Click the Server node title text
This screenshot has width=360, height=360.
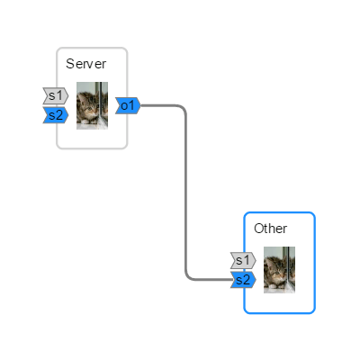coord(85,64)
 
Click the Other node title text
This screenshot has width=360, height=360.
coord(270,229)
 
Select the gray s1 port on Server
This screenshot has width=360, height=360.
coord(55,95)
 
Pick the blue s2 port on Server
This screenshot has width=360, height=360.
coord(55,114)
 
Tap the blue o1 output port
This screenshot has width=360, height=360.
coord(128,106)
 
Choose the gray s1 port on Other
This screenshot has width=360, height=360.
coord(242,261)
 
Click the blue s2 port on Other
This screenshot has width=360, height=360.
coord(242,280)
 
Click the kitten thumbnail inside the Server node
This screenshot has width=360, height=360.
coord(92,105)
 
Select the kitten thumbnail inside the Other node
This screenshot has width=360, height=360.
coord(279,269)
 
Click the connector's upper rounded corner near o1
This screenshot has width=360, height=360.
coord(184,109)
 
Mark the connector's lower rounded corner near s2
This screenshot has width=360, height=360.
coord(189,277)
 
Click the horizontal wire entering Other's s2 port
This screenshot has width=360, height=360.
coord(211,280)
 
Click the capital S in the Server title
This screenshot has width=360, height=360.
coord(70,64)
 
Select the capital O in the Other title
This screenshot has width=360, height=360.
coord(258,229)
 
